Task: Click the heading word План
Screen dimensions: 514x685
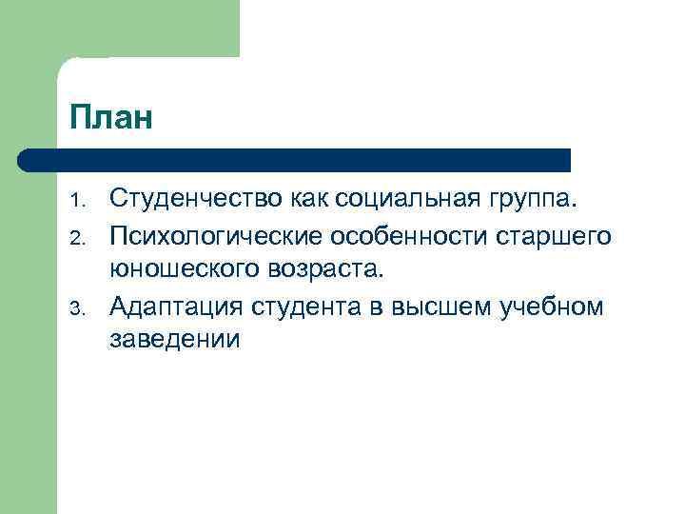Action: coord(110,118)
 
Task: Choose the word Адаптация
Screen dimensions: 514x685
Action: coord(178,306)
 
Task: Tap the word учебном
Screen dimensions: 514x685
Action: coord(557,306)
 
